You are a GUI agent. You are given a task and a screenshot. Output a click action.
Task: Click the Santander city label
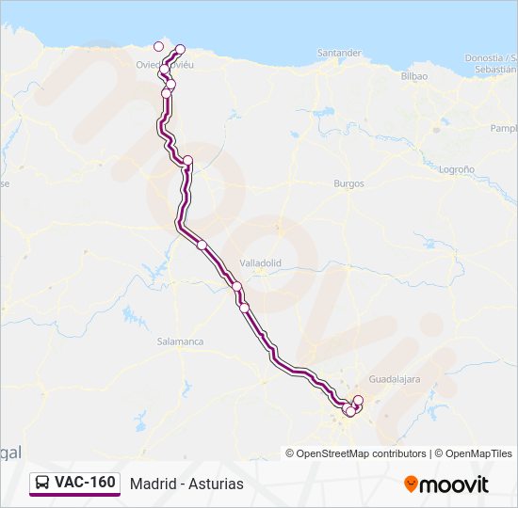click(x=339, y=53)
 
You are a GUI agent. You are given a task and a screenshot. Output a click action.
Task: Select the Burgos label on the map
click(x=348, y=183)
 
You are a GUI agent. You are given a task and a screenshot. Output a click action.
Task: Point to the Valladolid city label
click(x=261, y=263)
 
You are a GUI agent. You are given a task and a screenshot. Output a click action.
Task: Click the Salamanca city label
click(x=180, y=341)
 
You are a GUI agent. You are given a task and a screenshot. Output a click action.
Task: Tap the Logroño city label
click(x=456, y=169)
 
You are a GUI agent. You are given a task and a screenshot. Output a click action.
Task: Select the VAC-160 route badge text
click(x=85, y=483)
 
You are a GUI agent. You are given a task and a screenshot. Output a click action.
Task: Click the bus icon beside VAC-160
click(x=43, y=483)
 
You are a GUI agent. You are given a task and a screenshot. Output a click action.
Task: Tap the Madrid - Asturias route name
click(x=186, y=484)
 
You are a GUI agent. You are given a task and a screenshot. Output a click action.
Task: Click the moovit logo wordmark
click(x=455, y=484)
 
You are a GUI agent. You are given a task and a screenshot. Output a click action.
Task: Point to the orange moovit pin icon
click(x=411, y=484)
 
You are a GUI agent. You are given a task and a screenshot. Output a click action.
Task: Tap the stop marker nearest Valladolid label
click(x=237, y=287)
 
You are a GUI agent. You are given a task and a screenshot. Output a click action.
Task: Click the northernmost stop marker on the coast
click(x=180, y=49)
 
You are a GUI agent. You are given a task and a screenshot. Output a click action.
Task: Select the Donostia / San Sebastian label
click(x=490, y=64)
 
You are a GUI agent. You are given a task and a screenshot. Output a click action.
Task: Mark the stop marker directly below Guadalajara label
click(x=358, y=401)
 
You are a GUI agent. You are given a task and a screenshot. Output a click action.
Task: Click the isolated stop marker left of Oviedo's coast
click(x=158, y=46)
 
